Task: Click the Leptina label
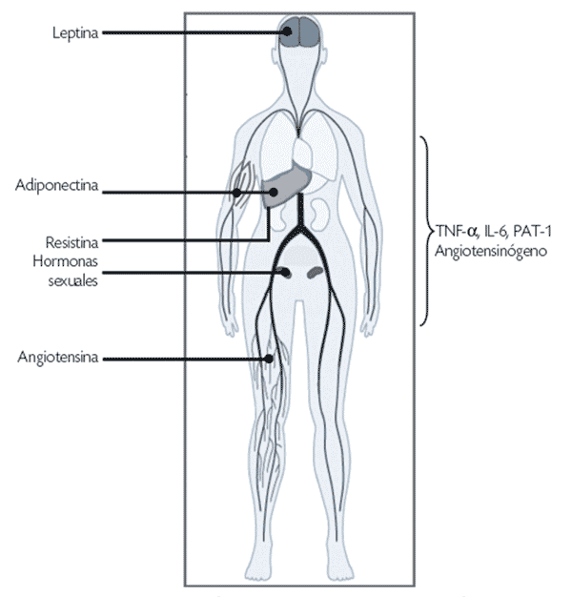75,33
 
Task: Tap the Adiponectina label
56,185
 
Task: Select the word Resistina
71,242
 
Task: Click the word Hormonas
66,261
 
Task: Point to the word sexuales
73,281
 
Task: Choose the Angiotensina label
58,357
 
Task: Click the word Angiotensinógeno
491,251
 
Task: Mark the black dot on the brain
288,31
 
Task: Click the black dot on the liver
273,193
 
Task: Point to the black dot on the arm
236,193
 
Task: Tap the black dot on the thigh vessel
269,359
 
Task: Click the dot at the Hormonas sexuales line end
285,273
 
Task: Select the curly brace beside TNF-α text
427,231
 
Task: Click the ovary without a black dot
316,272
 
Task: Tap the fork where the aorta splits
300,229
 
